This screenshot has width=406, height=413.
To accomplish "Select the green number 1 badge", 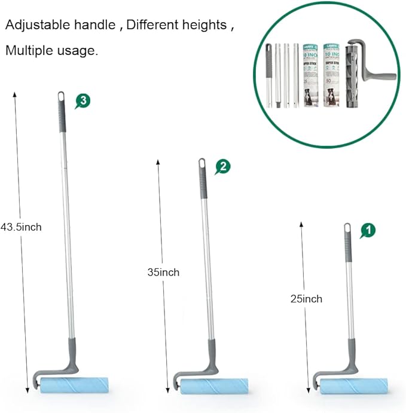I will click(x=368, y=229).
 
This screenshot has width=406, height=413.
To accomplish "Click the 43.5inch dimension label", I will click(x=21, y=227).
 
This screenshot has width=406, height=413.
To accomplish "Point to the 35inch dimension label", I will click(x=163, y=272).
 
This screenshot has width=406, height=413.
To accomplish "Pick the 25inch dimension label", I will click(x=306, y=299).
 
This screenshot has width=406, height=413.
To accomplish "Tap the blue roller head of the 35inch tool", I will click(x=212, y=385).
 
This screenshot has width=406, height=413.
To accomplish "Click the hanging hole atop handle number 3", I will click(x=61, y=96).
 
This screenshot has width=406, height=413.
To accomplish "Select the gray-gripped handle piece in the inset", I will click(x=268, y=75).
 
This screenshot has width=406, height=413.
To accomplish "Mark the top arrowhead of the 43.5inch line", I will click(x=15, y=94).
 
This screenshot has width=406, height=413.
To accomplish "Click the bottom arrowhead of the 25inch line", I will click(x=301, y=389).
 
